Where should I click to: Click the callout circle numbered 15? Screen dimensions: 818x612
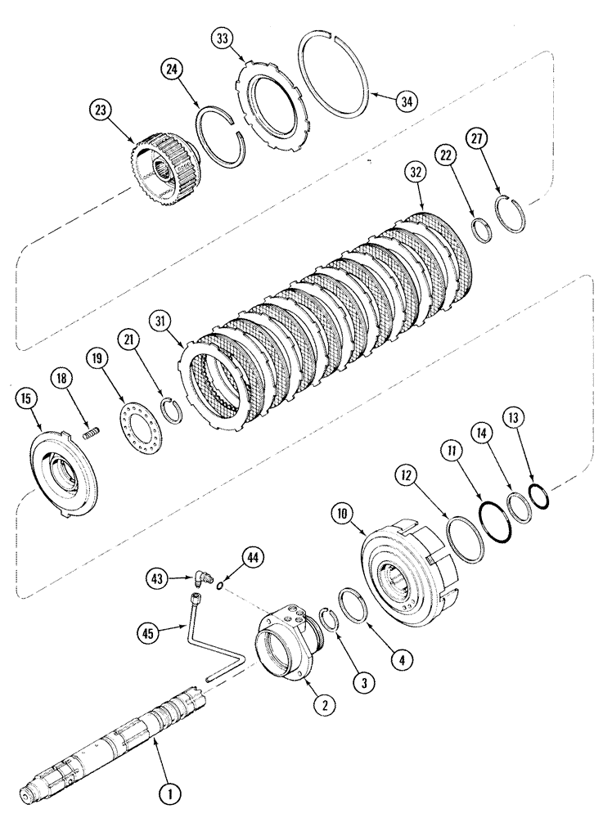(26, 398)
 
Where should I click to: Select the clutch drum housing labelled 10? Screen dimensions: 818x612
(411, 573)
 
